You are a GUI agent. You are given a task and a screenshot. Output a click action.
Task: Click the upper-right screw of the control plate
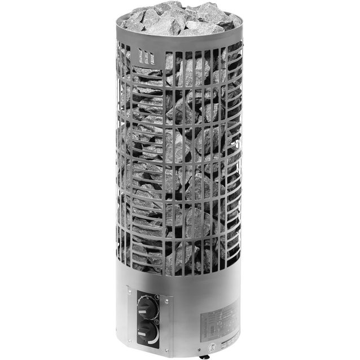point(167,301)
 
